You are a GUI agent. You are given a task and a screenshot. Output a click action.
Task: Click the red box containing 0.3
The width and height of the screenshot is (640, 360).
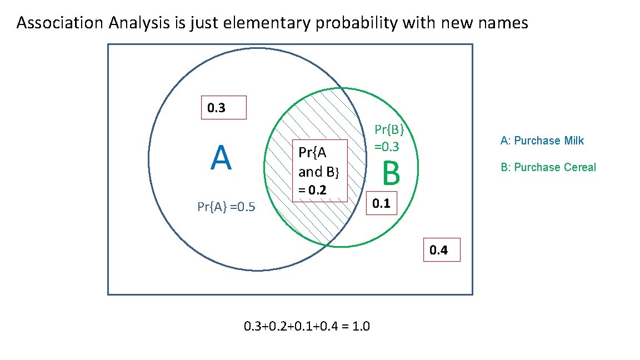click(223, 108)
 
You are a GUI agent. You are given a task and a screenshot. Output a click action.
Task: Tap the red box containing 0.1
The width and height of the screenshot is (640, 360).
click(381, 204)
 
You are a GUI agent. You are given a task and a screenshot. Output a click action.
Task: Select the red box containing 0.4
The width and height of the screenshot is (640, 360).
click(442, 250)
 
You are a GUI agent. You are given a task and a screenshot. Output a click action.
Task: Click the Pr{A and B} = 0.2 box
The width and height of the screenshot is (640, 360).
click(319, 171)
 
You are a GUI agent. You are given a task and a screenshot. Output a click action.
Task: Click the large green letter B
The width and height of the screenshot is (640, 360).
click(391, 174)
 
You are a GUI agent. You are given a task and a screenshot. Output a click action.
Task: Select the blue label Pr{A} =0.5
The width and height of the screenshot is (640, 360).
click(226, 207)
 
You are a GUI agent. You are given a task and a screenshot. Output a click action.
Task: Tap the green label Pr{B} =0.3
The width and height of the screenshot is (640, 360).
click(389, 138)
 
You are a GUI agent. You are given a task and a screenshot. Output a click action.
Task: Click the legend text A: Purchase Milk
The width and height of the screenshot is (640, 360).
click(542, 141)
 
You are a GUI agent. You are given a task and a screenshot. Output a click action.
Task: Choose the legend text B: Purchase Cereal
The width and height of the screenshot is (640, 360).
click(548, 167)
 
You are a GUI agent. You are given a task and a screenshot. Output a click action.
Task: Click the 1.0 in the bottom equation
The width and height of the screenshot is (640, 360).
click(361, 326)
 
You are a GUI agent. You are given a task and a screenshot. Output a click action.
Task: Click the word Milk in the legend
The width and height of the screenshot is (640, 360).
click(574, 141)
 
